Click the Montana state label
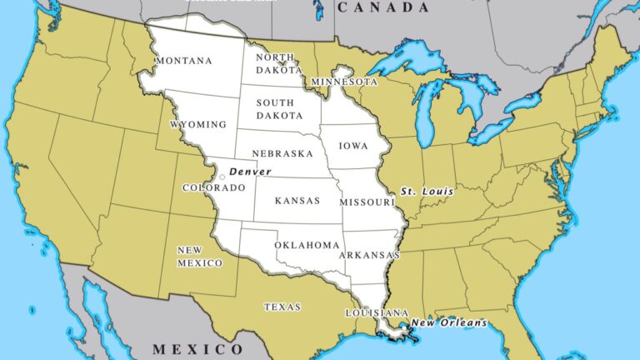(183, 61)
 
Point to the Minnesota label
(344, 82)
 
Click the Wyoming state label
(197, 124)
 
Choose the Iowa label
(352, 145)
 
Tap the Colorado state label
(214, 187)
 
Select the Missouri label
(367, 202)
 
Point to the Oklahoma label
(307, 245)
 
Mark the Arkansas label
(369, 255)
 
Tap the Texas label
(282, 307)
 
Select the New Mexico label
(199, 256)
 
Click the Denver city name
(250, 171)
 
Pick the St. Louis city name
(427, 191)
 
